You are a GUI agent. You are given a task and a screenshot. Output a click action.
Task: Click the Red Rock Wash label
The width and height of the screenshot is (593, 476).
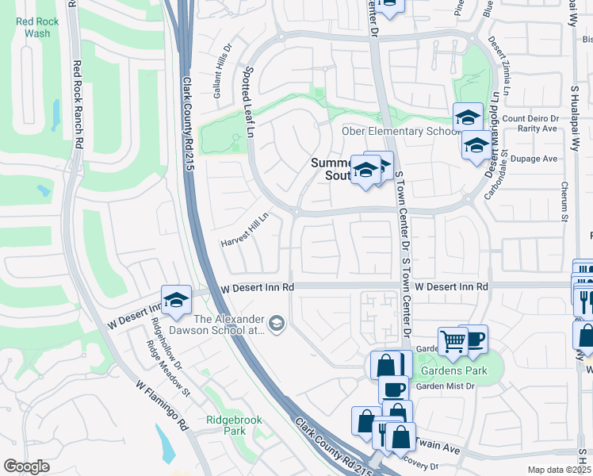[x=33, y=27]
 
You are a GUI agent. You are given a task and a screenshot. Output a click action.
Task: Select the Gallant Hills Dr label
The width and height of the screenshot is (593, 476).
[x=222, y=77]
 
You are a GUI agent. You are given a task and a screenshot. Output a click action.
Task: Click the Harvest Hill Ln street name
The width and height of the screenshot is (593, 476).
[x=246, y=228]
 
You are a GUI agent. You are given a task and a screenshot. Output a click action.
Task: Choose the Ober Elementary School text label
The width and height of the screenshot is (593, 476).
[x=396, y=131]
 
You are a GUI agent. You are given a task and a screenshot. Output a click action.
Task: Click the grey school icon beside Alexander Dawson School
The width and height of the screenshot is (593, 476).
[x=277, y=322]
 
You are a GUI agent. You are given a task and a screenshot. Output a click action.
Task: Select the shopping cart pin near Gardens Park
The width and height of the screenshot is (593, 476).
[x=453, y=341]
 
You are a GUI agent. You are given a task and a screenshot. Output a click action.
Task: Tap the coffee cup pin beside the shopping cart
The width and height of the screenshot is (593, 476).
[x=473, y=339]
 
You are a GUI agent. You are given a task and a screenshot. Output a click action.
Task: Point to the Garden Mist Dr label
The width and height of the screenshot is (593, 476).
[x=445, y=386]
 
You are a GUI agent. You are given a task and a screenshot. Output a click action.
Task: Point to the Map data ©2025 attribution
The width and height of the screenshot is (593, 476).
[x=558, y=470]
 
